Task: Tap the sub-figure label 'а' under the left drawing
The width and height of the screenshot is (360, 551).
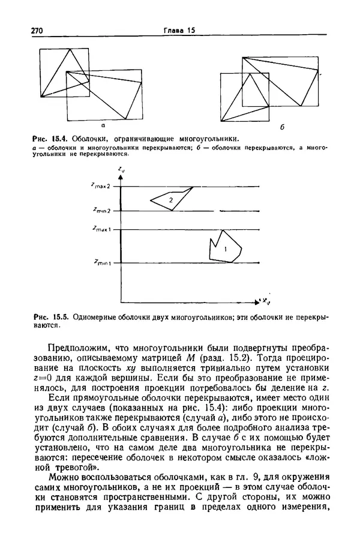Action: point(103,126)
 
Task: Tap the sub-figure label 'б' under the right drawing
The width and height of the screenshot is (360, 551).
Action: point(282,128)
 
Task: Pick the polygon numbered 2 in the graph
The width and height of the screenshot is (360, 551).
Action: point(170,199)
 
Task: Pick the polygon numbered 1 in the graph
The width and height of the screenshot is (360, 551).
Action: point(225,247)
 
